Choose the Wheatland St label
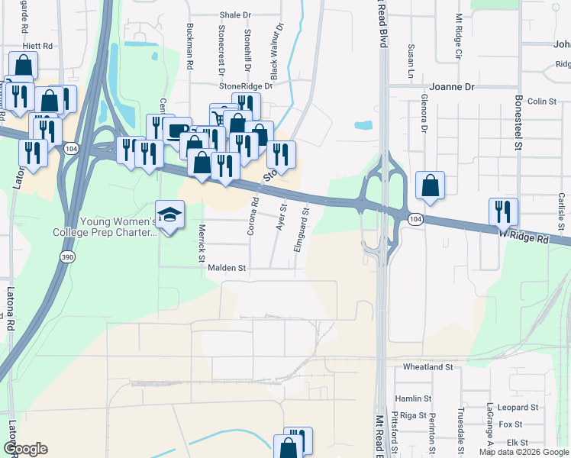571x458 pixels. coord(428,367)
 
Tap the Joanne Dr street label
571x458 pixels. coord(452,87)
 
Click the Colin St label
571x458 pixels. coord(541,101)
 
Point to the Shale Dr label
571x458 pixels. coord(234,15)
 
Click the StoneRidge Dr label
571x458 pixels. coord(245,86)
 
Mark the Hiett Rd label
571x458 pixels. coord(37,46)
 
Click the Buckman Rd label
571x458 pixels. coord(190,43)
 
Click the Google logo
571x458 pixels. coord(25,449)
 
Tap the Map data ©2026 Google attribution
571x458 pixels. coord(524,452)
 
